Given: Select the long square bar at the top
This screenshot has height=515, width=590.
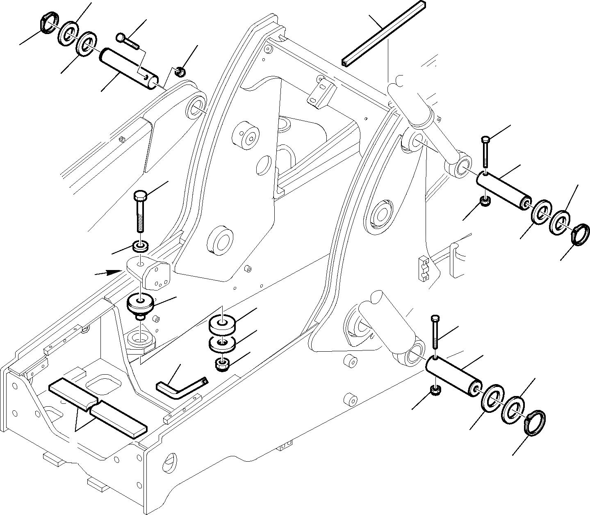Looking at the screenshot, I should point(383,33).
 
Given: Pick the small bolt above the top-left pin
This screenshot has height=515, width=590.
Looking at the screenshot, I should point(128,41).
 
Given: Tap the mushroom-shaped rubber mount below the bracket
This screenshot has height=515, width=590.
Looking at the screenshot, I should point(141,305).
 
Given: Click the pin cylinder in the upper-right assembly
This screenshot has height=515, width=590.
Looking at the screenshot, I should point(503,190).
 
